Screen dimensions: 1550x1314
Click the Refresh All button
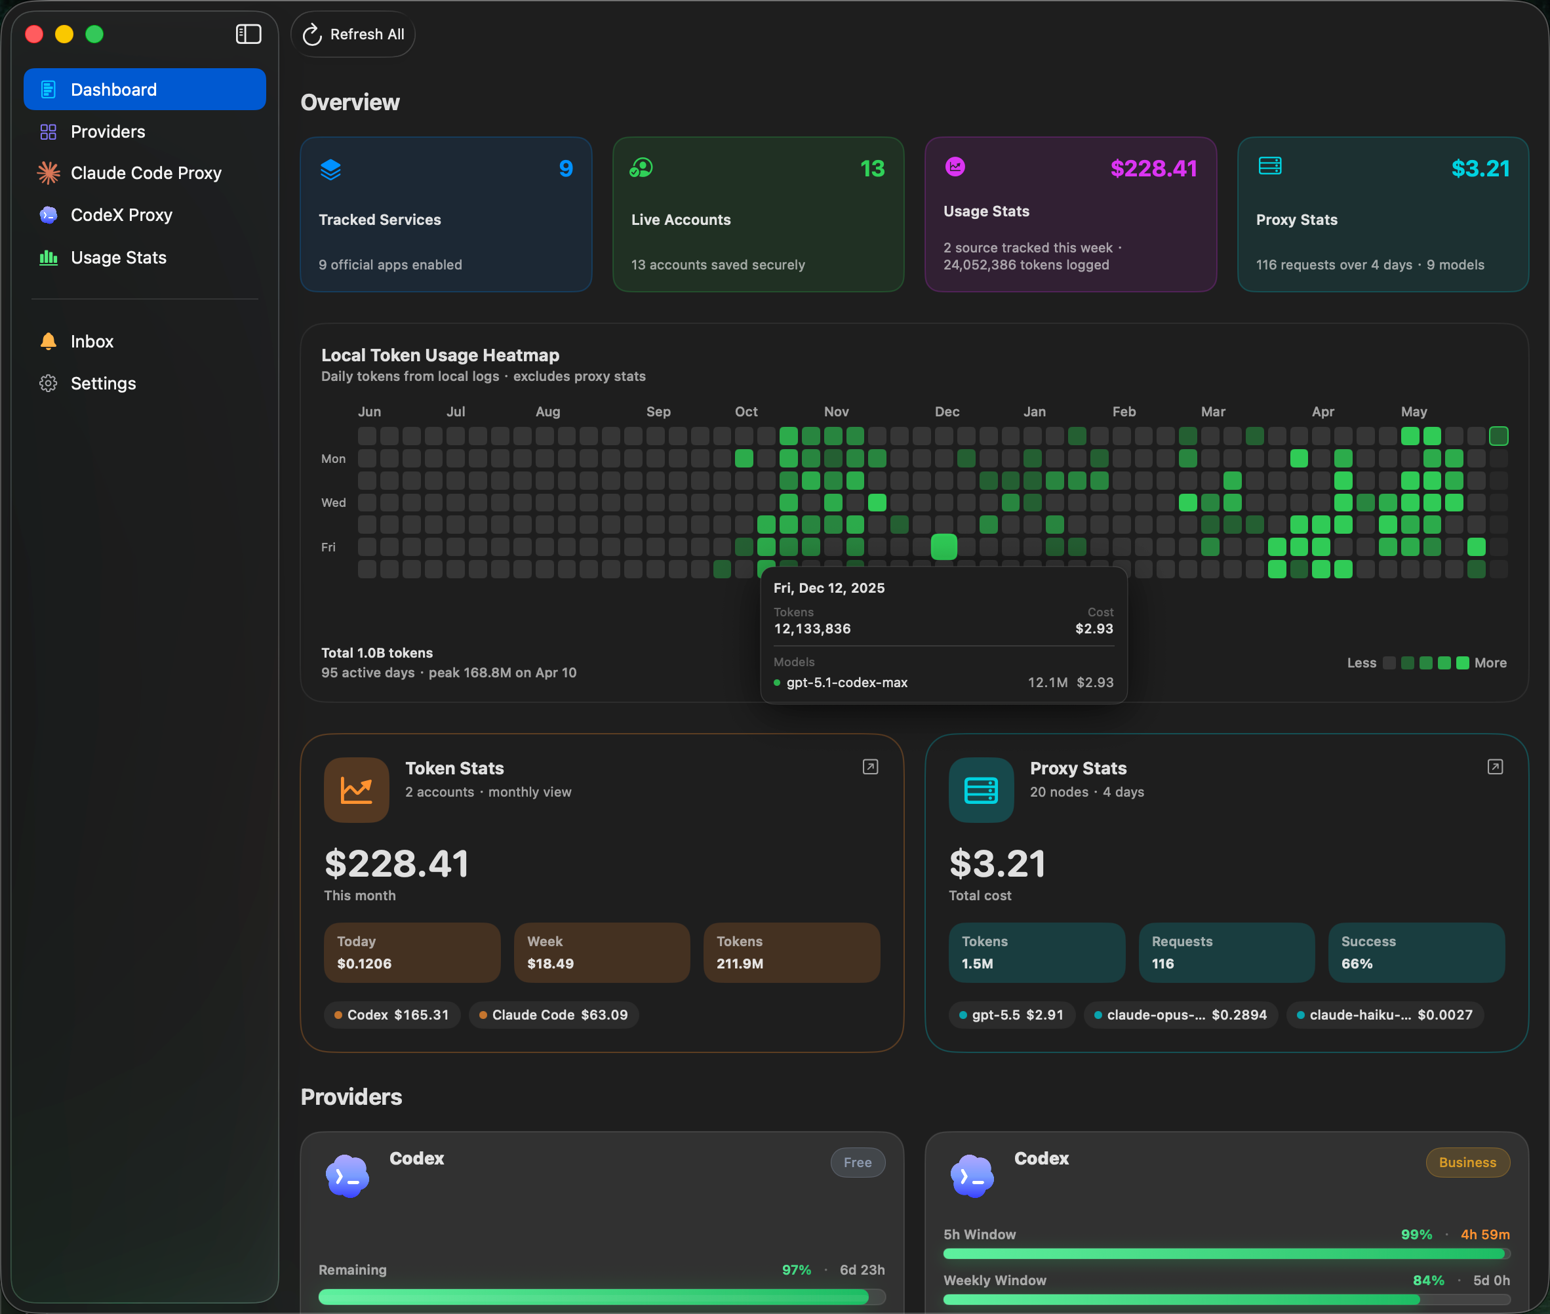tap(353, 34)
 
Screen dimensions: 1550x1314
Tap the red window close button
tap(34, 34)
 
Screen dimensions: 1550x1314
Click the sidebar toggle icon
tap(248, 34)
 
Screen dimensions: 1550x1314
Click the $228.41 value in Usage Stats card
tap(1154, 169)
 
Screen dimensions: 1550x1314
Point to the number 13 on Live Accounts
tap(872, 169)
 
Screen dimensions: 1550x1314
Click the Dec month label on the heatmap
tap(947, 412)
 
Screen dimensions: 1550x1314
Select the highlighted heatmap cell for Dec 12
tap(944, 547)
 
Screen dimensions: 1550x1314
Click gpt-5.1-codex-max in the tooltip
tap(847, 683)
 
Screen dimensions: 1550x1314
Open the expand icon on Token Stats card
tap(870, 767)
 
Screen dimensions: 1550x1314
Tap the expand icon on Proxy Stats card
tap(1495, 767)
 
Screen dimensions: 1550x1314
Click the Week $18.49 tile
tap(602, 953)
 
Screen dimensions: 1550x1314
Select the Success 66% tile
tap(1416, 953)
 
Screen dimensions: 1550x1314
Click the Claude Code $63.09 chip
tap(554, 1014)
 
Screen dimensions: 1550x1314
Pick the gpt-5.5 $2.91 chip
tap(1012, 1014)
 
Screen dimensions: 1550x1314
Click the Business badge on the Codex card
tap(1467, 1162)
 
